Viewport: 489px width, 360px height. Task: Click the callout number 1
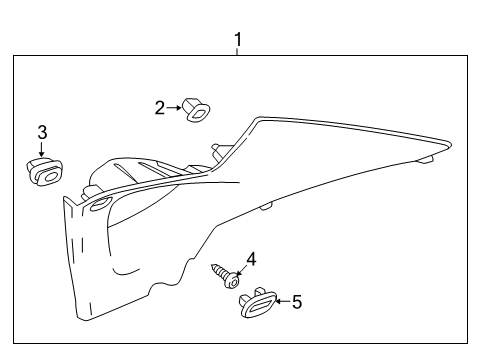click(x=237, y=40)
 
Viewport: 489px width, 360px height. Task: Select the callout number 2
click(x=159, y=107)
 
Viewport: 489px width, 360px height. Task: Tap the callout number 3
click(x=42, y=132)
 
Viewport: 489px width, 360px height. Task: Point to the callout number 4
click(x=251, y=259)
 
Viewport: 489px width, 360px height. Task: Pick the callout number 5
click(x=296, y=301)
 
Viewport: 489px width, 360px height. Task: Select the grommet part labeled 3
click(x=42, y=171)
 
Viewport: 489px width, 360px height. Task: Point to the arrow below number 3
click(x=42, y=150)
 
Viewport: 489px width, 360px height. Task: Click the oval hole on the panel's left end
click(x=100, y=204)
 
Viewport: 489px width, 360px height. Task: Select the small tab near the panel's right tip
click(x=426, y=158)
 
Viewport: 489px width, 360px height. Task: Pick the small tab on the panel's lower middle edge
click(x=266, y=207)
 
